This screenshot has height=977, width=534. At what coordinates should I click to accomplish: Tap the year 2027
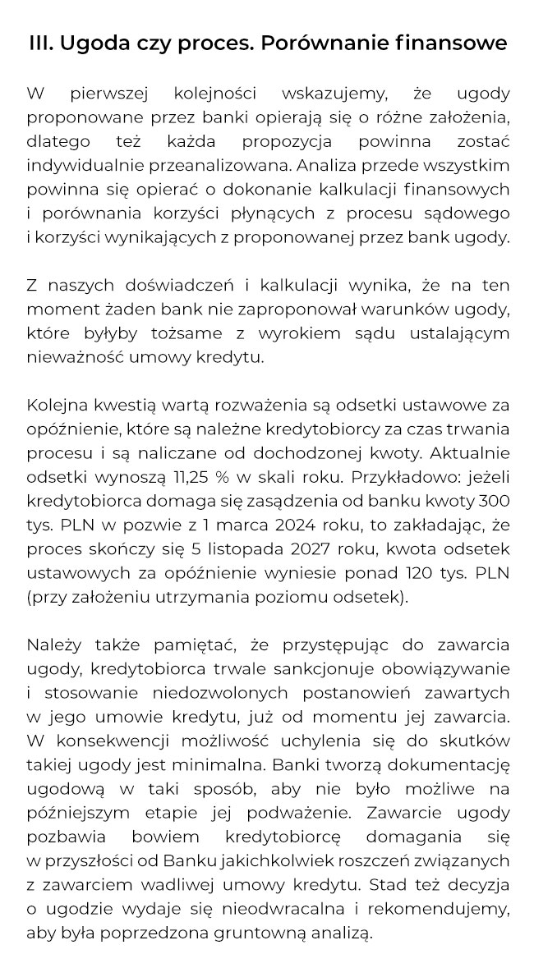[x=283, y=548]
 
